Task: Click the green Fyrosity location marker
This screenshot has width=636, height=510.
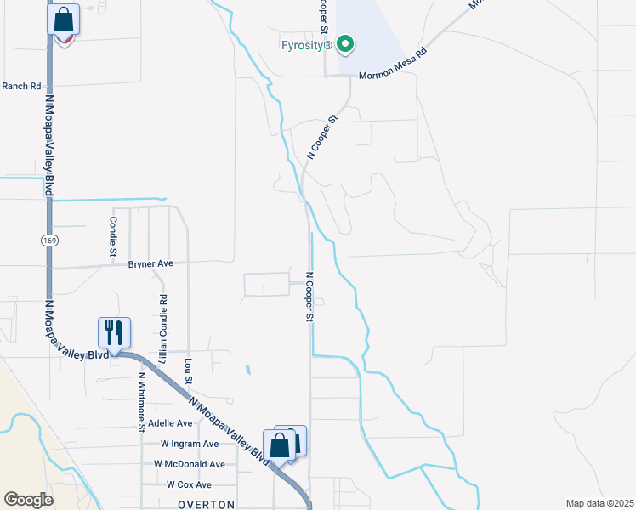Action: click(x=344, y=43)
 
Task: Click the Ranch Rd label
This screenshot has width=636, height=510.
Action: click(x=21, y=86)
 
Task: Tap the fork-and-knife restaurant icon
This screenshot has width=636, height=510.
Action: click(x=114, y=331)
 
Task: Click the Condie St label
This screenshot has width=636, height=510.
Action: click(x=112, y=235)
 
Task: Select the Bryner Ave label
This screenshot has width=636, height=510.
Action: click(x=150, y=263)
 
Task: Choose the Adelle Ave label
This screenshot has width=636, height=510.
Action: click(x=170, y=422)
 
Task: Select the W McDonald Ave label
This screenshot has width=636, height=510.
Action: click(x=190, y=464)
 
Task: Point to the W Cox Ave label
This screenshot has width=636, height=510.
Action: click(x=189, y=484)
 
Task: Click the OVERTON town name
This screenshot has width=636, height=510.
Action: click(x=205, y=504)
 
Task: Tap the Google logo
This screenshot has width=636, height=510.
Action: click(x=28, y=500)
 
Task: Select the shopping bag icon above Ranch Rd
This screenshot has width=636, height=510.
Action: click(x=64, y=19)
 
